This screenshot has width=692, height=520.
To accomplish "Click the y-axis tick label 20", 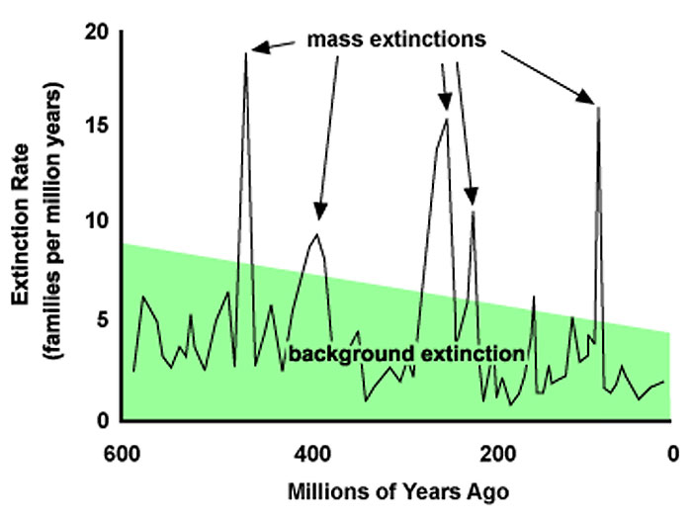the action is [x=95, y=33].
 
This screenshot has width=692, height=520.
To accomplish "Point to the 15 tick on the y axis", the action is [x=96, y=126].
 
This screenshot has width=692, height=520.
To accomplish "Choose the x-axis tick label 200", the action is [x=498, y=454].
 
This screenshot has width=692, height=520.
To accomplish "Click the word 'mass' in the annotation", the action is [x=335, y=40].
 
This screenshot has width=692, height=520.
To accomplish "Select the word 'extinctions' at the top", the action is [x=428, y=39].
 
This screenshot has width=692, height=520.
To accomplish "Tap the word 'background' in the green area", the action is [x=351, y=355].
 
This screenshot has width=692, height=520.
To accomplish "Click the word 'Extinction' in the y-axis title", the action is [x=20, y=224].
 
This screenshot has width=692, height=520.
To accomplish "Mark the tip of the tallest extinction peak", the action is [x=246, y=53].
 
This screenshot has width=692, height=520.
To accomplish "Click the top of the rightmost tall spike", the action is [x=598, y=107].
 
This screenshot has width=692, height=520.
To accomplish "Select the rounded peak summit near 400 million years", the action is [x=317, y=234].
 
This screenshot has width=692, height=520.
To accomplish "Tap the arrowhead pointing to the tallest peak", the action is [x=259, y=47].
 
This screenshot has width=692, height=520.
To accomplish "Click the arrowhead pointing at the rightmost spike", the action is [x=587, y=97].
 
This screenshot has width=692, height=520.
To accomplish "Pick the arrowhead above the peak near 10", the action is [x=472, y=196].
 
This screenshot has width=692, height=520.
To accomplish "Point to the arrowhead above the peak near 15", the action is [x=446, y=102].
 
